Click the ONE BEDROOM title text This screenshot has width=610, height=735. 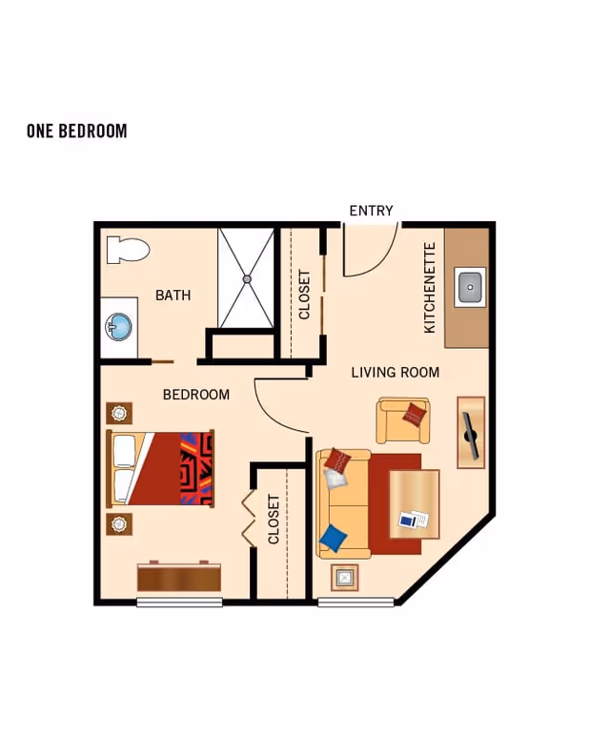(76, 132)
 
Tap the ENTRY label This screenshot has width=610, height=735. (371, 211)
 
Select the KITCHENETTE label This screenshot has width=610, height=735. (430, 288)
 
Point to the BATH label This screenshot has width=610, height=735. (173, 296)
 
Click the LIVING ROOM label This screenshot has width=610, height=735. (395, 372)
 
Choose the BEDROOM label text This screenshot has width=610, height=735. (195, 395)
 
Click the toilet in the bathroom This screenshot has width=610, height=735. (128, 250)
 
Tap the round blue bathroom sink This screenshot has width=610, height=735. (119, 327)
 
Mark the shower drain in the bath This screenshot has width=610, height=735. (247, 279)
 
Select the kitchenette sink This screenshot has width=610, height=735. (470, 287)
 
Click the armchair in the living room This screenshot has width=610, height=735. (403, 420)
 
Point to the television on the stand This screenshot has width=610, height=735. (471, 433)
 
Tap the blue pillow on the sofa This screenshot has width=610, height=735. (334, 538)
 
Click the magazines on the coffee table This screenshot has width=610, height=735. (413, 520)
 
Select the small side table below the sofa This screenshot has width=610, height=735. (344, 578)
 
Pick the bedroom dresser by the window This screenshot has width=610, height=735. (179, 577)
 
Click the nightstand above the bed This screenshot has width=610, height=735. (119, 413)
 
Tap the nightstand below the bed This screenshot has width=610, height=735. (119, 523)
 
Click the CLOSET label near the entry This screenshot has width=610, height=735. (305, 294)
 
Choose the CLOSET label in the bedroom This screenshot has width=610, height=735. (274, 520)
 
